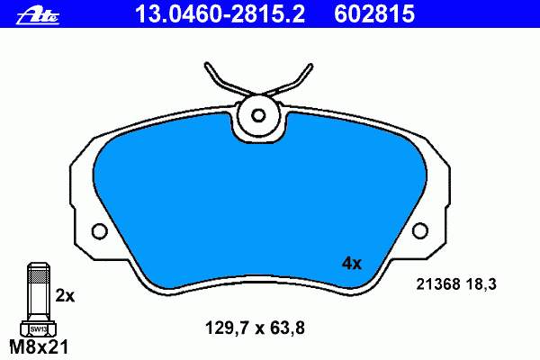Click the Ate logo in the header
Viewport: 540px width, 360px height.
click(38, 15)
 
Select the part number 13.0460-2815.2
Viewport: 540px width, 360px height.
click(220, 14)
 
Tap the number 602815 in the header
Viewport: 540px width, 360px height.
click(374, 14)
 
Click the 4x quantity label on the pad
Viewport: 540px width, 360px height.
click(351, 264)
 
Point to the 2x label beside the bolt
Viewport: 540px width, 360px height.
click(65, 296)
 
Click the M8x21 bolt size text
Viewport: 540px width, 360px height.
click(40, 347)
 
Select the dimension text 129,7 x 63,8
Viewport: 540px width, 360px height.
click(255, 328)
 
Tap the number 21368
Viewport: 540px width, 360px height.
click(438, 284)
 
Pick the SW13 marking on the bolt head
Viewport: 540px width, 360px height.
click(38, 329)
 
